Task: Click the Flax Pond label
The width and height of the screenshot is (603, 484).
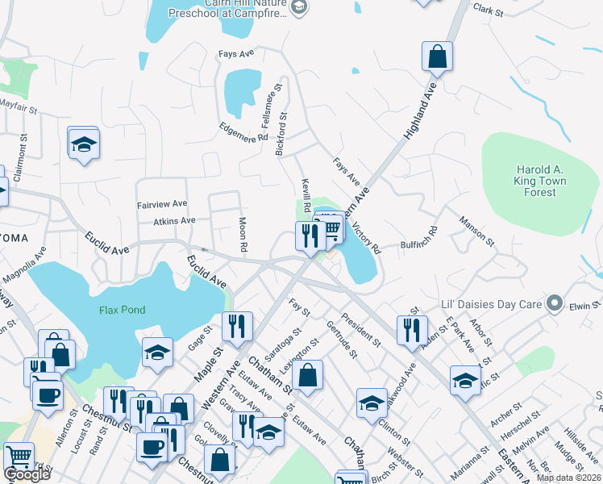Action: [x=119, y=311]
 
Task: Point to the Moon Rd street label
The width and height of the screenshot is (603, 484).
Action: [x=243, y=233]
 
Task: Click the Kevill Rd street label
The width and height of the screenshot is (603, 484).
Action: [x=306, y=194]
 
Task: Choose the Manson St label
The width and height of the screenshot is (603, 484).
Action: [x=476, y=229]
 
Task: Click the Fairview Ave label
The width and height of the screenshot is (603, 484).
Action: [x=162, y=204]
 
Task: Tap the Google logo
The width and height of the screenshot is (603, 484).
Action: [x=27, y=474]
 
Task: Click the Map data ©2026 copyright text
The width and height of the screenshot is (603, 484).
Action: [x=568, y=478]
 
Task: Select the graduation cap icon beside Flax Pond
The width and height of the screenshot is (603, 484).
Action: [x=157, y=352]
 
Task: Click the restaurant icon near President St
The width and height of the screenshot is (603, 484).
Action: [x=411, y=329]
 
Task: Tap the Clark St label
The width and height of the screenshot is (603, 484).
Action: [x=488, y=11]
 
